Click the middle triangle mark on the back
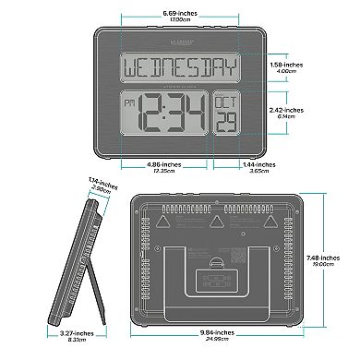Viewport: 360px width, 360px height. point(215,222)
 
